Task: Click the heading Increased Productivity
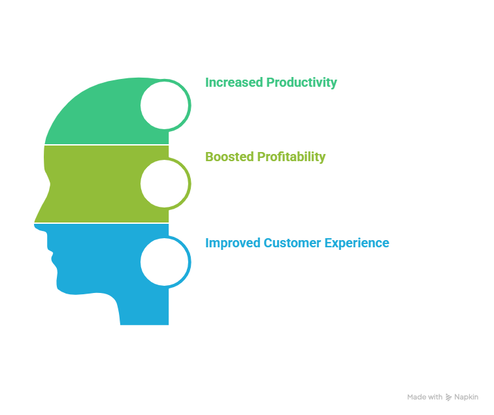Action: coord(271,83)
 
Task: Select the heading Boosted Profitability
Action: coord(265,157)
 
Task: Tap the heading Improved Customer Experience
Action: coord(297,243)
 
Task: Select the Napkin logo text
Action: coord(466,397)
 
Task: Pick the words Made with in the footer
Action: coord(425,397)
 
